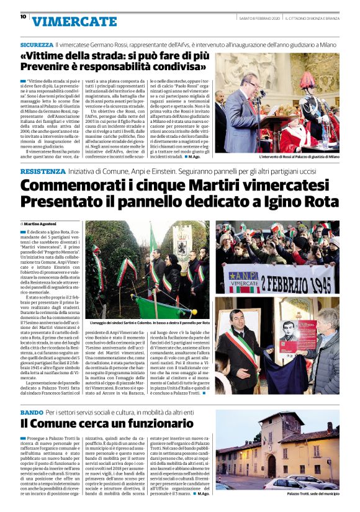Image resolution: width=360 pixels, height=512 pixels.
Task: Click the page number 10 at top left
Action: pyautogui.click(x=22, y=17)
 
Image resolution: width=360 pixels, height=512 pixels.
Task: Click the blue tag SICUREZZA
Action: pyautogui.click(x=37, y=45)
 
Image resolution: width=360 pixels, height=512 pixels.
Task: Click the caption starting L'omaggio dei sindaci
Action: pyautogui.click(x=152, y=324)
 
